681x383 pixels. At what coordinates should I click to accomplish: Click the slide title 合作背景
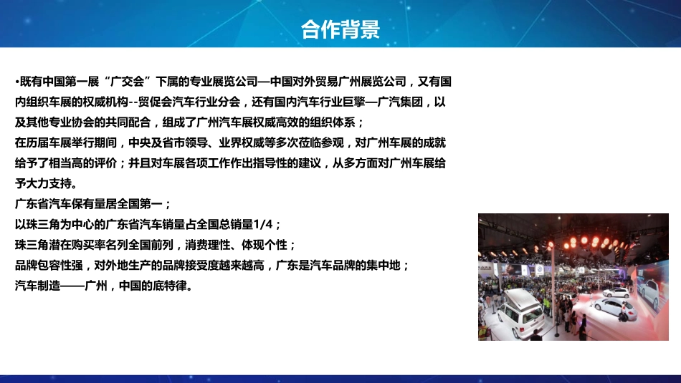point(340,29)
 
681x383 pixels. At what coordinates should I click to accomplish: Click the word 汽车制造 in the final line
point(38,285)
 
